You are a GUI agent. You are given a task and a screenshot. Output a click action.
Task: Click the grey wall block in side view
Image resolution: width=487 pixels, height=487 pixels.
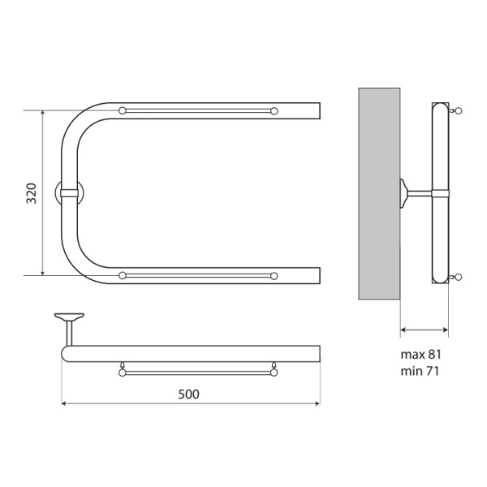point(379,192)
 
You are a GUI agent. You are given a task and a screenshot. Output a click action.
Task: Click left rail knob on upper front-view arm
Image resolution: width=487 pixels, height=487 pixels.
point(123,110)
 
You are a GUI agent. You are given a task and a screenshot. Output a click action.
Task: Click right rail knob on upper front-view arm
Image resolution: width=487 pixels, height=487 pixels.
point(274,110)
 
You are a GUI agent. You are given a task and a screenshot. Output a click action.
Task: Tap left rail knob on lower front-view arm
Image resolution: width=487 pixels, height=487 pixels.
point(123,276)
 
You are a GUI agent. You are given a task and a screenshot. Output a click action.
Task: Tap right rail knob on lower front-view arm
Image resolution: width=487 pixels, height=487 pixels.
point(274,276)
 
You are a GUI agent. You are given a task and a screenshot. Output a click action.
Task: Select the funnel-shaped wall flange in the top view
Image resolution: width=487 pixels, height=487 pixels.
point(68,314)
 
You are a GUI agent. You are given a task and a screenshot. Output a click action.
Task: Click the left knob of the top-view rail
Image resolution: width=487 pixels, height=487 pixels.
point(123,373)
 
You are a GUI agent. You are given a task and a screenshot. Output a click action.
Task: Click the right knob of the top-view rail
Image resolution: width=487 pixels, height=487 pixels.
point(274,373)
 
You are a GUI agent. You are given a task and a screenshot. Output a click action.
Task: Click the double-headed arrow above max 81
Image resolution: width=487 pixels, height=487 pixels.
point(425,330)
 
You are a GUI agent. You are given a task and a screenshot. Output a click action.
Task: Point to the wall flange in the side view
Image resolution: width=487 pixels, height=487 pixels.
point(403,192)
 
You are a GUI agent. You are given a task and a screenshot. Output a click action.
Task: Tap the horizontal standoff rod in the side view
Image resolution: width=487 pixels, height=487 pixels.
point(420,192)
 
